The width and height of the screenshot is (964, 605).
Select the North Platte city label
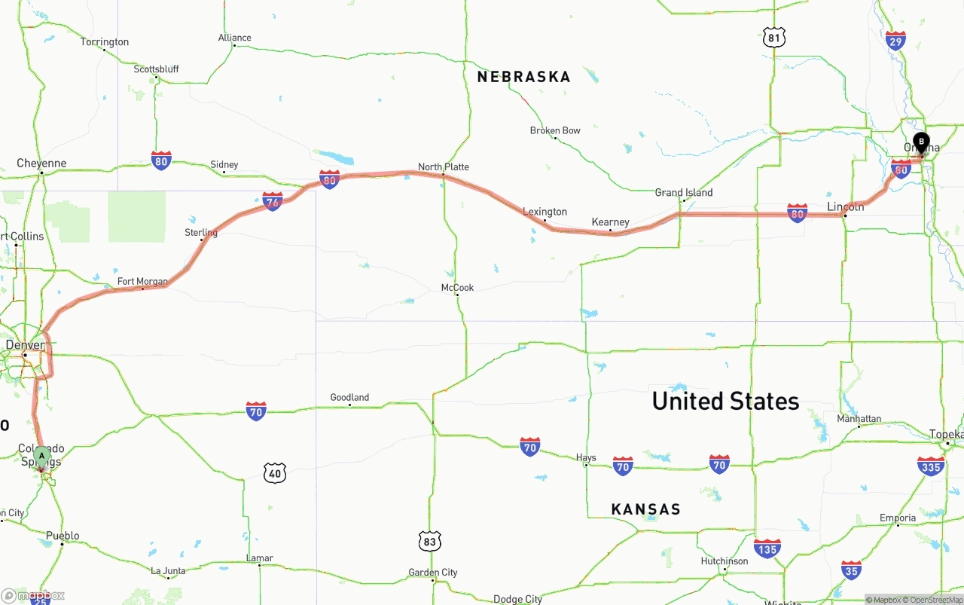444,167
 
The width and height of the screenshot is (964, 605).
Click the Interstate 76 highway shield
273,201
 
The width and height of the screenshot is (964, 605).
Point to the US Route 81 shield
773,38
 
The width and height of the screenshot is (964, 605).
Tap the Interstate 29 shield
895,41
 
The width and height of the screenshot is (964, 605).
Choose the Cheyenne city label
41,163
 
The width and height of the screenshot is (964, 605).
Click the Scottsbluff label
156,69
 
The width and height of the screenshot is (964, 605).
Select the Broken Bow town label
555,130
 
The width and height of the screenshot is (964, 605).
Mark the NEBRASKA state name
523,77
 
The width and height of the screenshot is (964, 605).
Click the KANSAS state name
645,509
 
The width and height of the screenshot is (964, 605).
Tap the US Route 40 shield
275,473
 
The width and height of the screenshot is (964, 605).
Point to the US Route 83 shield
429,541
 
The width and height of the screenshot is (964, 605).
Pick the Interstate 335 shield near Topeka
931,466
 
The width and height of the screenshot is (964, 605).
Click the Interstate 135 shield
767,548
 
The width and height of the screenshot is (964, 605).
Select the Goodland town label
349,397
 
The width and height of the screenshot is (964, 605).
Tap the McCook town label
457,288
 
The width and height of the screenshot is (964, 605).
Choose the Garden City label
433,573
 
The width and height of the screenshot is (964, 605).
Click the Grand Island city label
684,192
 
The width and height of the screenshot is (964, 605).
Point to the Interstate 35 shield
851,570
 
